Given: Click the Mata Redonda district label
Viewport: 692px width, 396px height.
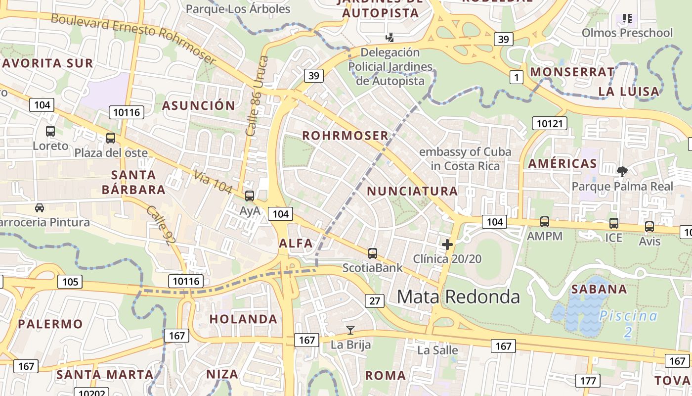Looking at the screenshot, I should point(458,297).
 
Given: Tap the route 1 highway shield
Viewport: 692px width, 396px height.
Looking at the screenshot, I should point(517,77).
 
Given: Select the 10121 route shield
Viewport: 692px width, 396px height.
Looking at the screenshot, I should point(549,123).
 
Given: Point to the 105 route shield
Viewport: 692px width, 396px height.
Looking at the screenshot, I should point(70,282).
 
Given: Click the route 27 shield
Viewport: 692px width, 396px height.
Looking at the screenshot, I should point(375,300).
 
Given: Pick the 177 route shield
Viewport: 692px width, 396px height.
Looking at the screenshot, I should point(588,381).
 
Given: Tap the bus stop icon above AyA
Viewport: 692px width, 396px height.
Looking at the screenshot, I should point(250,196).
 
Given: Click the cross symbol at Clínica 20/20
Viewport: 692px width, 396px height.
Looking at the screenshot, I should point(447,244).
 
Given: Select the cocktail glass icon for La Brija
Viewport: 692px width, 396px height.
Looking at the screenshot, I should point(350,330).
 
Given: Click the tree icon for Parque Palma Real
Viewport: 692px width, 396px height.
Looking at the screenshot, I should point(622,172).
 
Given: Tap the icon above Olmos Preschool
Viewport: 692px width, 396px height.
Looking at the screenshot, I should point(627,19).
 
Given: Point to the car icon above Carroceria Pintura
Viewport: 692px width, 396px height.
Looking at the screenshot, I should point(40,208).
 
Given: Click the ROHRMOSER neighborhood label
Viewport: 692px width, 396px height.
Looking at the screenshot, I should point(346,135).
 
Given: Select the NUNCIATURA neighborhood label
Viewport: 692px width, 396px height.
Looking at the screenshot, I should point(412,191).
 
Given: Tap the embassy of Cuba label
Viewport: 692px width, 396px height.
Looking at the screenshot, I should point(465,158).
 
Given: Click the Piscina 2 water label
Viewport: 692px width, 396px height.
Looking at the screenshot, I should point(628,323).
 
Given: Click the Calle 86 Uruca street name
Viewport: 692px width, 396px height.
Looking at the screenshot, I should point(257,97).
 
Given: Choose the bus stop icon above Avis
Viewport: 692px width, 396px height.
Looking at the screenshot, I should point(649,227).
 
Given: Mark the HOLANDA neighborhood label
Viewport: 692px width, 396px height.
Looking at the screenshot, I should point(243,318).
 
